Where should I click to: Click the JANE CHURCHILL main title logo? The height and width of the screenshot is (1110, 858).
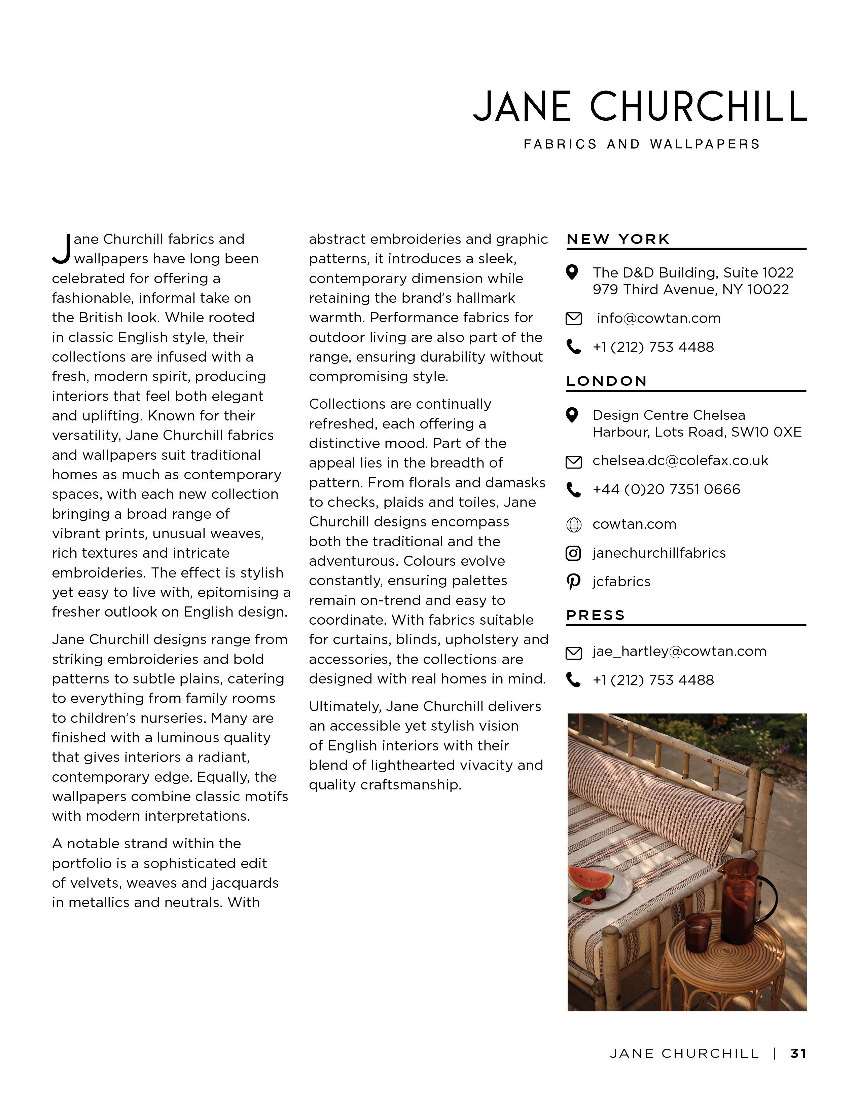(x=639, y=106)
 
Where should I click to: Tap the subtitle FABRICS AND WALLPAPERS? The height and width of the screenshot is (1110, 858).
(x=641, y=144)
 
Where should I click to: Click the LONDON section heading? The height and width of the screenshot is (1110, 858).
(x=606, y=381)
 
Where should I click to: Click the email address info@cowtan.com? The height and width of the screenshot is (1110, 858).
(x=658, y=318)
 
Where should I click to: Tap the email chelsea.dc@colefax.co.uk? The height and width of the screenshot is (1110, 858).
(x=680, y=460)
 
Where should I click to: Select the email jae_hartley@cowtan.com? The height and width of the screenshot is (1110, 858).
(x=679, y=651)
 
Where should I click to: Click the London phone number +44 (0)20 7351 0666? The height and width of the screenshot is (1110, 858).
(x=666, y=489)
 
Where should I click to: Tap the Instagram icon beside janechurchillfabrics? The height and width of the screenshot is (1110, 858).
(x=573, y=553)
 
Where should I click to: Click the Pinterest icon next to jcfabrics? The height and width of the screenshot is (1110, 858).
(x=573, y=582)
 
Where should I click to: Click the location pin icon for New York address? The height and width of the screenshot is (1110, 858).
(x=572, y=272)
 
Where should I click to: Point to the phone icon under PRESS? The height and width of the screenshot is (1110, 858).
(x=573, y=680)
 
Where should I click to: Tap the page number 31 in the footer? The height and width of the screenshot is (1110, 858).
(x=798, y=1053)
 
